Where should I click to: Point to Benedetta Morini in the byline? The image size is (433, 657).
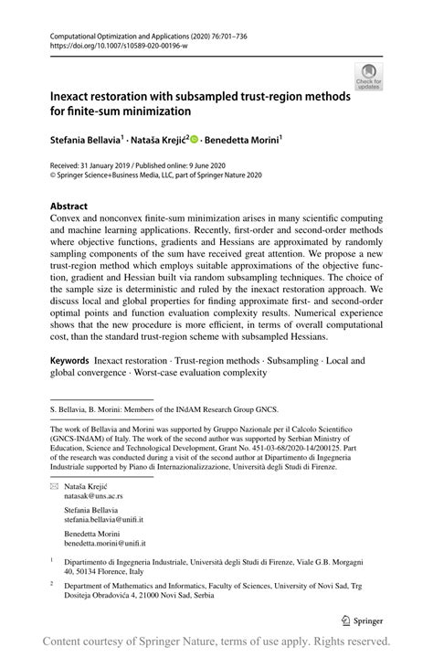coord(242,142)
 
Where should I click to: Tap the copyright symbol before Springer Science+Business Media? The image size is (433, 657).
coord(54,175)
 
